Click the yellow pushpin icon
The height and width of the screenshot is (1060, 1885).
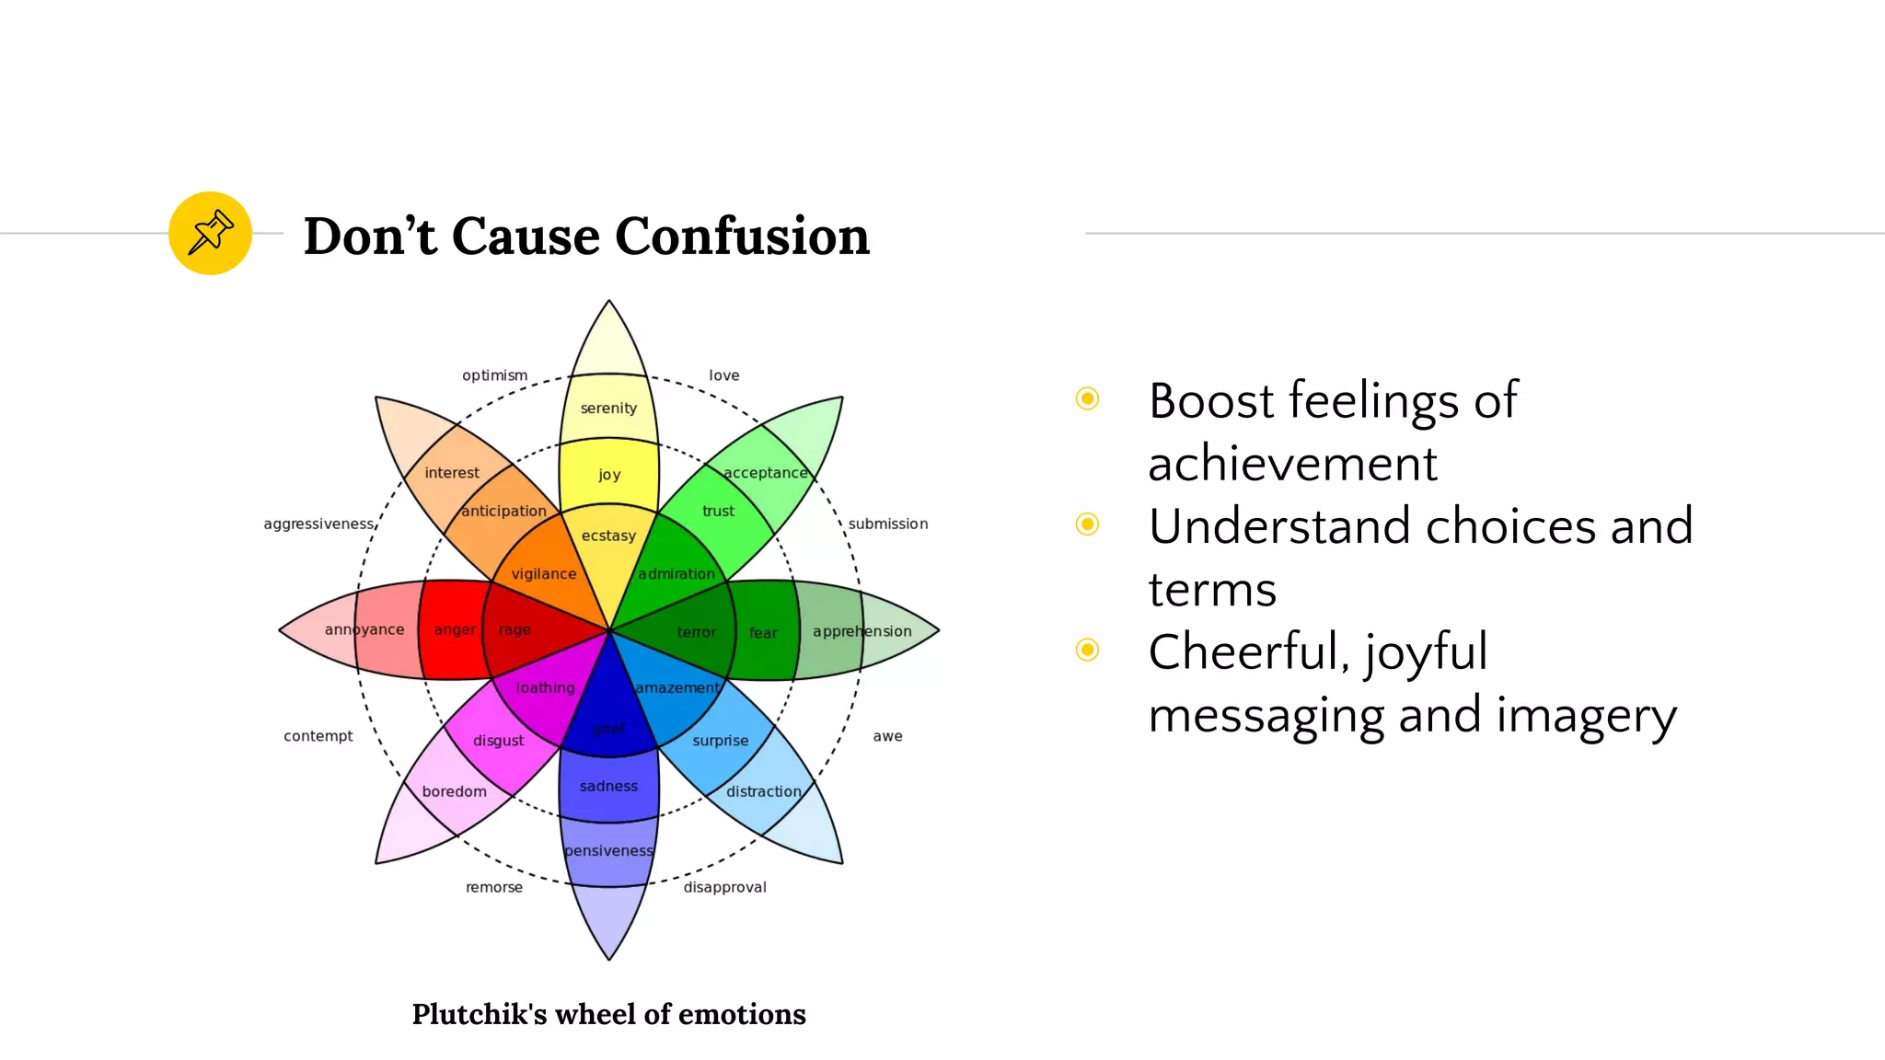tap(210, 233)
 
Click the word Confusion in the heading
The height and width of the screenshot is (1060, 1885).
tap(742, 236)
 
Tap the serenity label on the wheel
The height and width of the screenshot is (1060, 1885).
tap(608, 408)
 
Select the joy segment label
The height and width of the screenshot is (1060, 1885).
tap(609, 475)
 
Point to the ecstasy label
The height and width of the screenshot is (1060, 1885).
tap(608, 536)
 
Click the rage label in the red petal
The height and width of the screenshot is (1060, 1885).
tap(515, 630)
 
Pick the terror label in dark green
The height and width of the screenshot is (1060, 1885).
tap(696, 632)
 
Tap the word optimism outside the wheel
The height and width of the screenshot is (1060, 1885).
tap(494, 375)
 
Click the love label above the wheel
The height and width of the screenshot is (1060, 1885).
tap(723, 375)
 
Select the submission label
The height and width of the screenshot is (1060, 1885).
tap(887, 524)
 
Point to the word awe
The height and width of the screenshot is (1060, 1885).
tap(887, 736)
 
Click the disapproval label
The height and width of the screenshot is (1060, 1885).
tap(724, 887)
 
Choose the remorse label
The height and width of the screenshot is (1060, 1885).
tap(493, 887)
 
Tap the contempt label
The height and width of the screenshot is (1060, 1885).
tap(318, 736)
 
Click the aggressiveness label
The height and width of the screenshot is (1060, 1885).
tap(318, 524)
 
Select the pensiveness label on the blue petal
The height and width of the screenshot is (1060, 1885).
tap(608, 851)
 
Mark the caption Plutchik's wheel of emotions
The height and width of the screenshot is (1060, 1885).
tap(608, 1014)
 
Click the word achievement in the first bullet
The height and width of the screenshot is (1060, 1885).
tap(1291, 463)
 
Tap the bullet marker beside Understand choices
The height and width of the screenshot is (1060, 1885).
tap(1087, 524)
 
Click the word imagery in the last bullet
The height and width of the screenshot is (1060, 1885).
tap(1586, 715)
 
